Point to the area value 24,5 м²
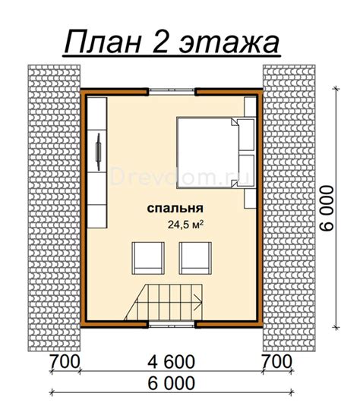coord(185,224)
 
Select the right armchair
coord(194,258)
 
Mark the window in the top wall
coord(172,91)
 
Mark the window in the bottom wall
coord(172,323)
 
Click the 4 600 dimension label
coord(172,360)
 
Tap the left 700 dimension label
coord(65,360)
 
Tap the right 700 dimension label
coord(278,360)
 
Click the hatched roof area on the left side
coord(53,205)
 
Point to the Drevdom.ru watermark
coord(174,177)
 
